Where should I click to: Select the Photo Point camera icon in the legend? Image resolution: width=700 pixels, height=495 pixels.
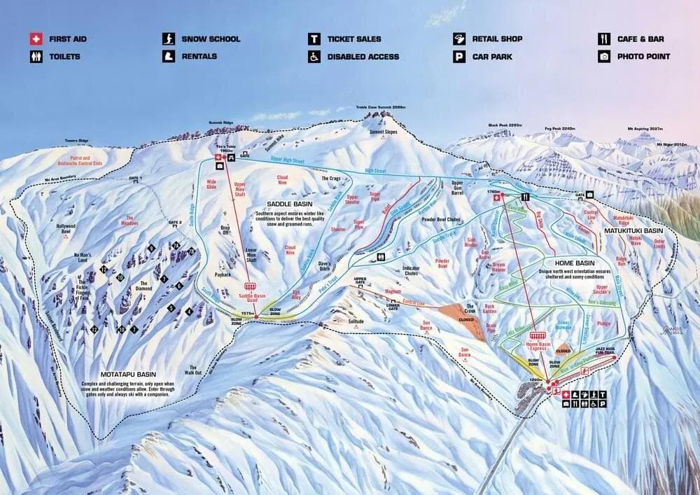603,57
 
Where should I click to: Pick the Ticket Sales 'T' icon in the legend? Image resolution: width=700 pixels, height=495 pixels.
314,39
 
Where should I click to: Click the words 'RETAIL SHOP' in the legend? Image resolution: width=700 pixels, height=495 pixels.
497,39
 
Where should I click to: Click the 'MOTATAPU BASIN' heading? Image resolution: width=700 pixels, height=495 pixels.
118,375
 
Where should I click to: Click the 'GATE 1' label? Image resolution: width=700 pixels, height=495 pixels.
136,179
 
